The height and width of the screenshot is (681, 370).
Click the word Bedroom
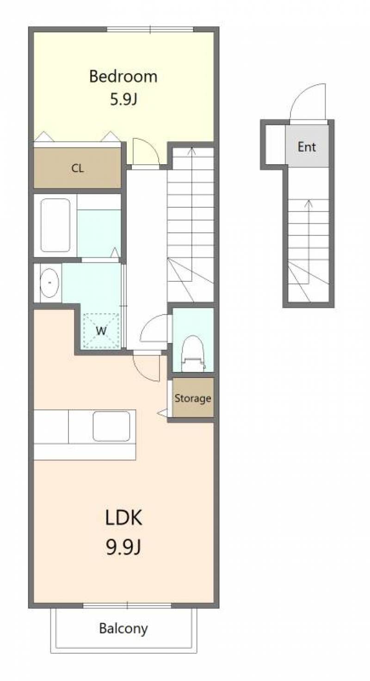[123, 76]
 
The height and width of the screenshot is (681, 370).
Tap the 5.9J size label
[123, 99]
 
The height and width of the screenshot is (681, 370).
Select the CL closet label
[78, 168]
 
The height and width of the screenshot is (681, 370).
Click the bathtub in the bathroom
[55, 225]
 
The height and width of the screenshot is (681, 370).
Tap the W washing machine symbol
[101, 330]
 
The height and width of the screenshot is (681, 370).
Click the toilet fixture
[193, 353]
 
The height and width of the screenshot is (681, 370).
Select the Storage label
[193, 398]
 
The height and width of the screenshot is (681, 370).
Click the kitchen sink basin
[111, 426]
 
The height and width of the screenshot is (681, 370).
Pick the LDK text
[123, 517]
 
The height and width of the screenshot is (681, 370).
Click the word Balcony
[123, 628]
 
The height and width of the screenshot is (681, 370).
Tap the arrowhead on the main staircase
[191, 150]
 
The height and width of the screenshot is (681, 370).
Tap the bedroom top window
[150, 29]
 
